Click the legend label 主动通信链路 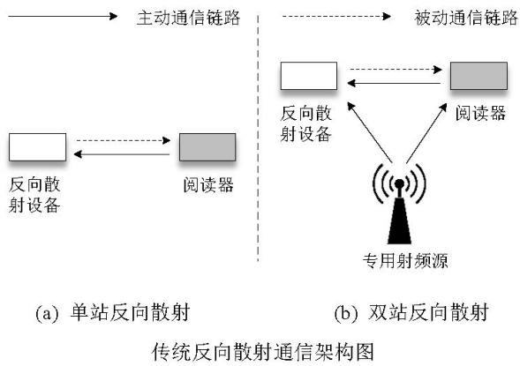coord(188,18)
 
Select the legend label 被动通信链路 coord(465,18)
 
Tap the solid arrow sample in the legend coord(63,16)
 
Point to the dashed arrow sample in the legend coord(336,16)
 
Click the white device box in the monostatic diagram coord(37,147)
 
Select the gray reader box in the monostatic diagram coord(207,147)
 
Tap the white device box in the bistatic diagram coord(309,76)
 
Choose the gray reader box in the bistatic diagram coord(479,76)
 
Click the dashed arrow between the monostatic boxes coord(124,141)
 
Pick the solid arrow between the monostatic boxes coord(122,154)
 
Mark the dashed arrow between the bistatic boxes coord(396,70)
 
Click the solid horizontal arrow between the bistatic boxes coord(394,83)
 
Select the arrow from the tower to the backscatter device coord(369,132)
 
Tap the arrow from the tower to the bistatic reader coord(426,133)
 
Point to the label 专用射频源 coord(405,260)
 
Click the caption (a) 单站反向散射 coord(112,312)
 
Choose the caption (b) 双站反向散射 coord(411,312)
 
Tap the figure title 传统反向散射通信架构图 coord(263,352)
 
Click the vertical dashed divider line coord(258,138)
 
